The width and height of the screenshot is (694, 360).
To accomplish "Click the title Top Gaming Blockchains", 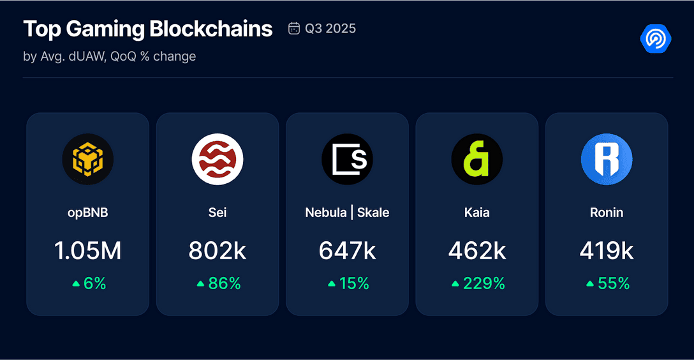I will (x=147, y=29).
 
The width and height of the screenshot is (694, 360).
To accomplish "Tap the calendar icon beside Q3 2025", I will (x=294, y=28).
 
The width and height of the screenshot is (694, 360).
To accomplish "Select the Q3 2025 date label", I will (x=330, y=28).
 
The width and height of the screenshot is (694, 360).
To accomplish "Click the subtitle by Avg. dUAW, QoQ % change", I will (x=109, y=56).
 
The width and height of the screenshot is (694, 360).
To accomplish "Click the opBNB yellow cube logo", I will (x=87, y=160).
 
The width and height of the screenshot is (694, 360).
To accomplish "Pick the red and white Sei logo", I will (x=218, y=160).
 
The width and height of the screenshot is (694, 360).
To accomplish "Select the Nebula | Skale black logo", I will (x=347, y=160).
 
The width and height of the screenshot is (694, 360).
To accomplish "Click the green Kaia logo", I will (x=477, y=160).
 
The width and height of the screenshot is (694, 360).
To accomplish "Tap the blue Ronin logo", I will (x=607, y=160).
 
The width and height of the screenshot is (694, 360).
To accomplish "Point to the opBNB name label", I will (x=87, y=213).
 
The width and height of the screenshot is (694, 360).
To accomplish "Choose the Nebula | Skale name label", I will (x=347, y=213).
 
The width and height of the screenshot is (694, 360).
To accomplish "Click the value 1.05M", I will (x=87, y=251).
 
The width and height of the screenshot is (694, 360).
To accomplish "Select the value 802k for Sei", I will (x=218, y=251).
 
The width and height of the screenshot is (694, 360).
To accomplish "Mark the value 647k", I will (x=347, y=251).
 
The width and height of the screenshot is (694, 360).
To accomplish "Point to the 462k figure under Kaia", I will (x=477, y=251).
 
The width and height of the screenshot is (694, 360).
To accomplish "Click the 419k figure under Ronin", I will (x=607, y=251).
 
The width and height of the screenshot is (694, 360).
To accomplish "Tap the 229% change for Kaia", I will (x=484, y=283).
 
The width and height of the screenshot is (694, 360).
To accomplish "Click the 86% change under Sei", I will (x=225, y=283).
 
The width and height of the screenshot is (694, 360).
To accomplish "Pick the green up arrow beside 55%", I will (x=590, y=283).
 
